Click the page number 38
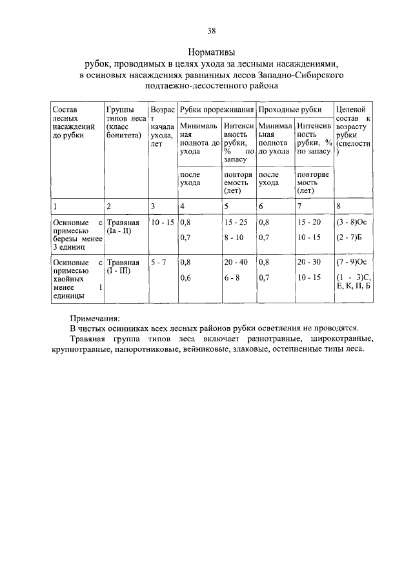pyautogui.click(x=211, y=30)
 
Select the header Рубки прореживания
pyautogui.click(x=216, y=110)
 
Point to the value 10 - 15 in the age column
pyautogui.click(x=162, y=223)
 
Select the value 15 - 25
pyautogui.click(x=236, y=223)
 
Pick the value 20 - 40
pyautogui.click(x=236, y=263)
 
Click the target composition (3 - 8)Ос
pyautogui.click(x=351, y=223)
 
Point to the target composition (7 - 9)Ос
pyautogui.click(x=351, y=263)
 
